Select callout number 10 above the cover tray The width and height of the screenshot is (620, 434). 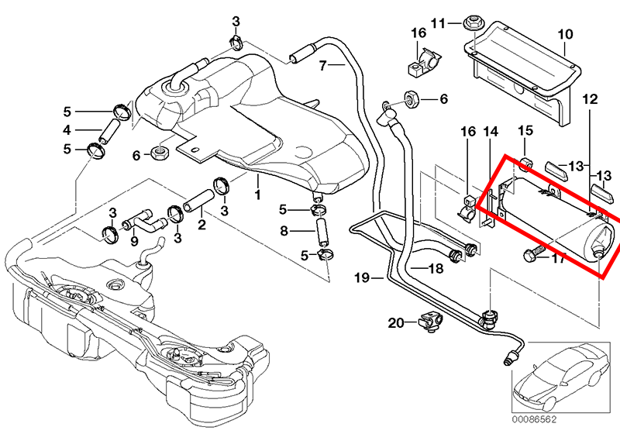(x=564, y=34)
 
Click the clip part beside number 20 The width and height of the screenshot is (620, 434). (x=429, y=319)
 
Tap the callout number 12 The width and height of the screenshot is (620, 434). (x=590, y=99)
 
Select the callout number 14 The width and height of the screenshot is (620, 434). (x=489, y=133)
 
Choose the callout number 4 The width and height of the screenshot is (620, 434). (x=67, y=129)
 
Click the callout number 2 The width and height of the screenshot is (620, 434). (x=201, y=226)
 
